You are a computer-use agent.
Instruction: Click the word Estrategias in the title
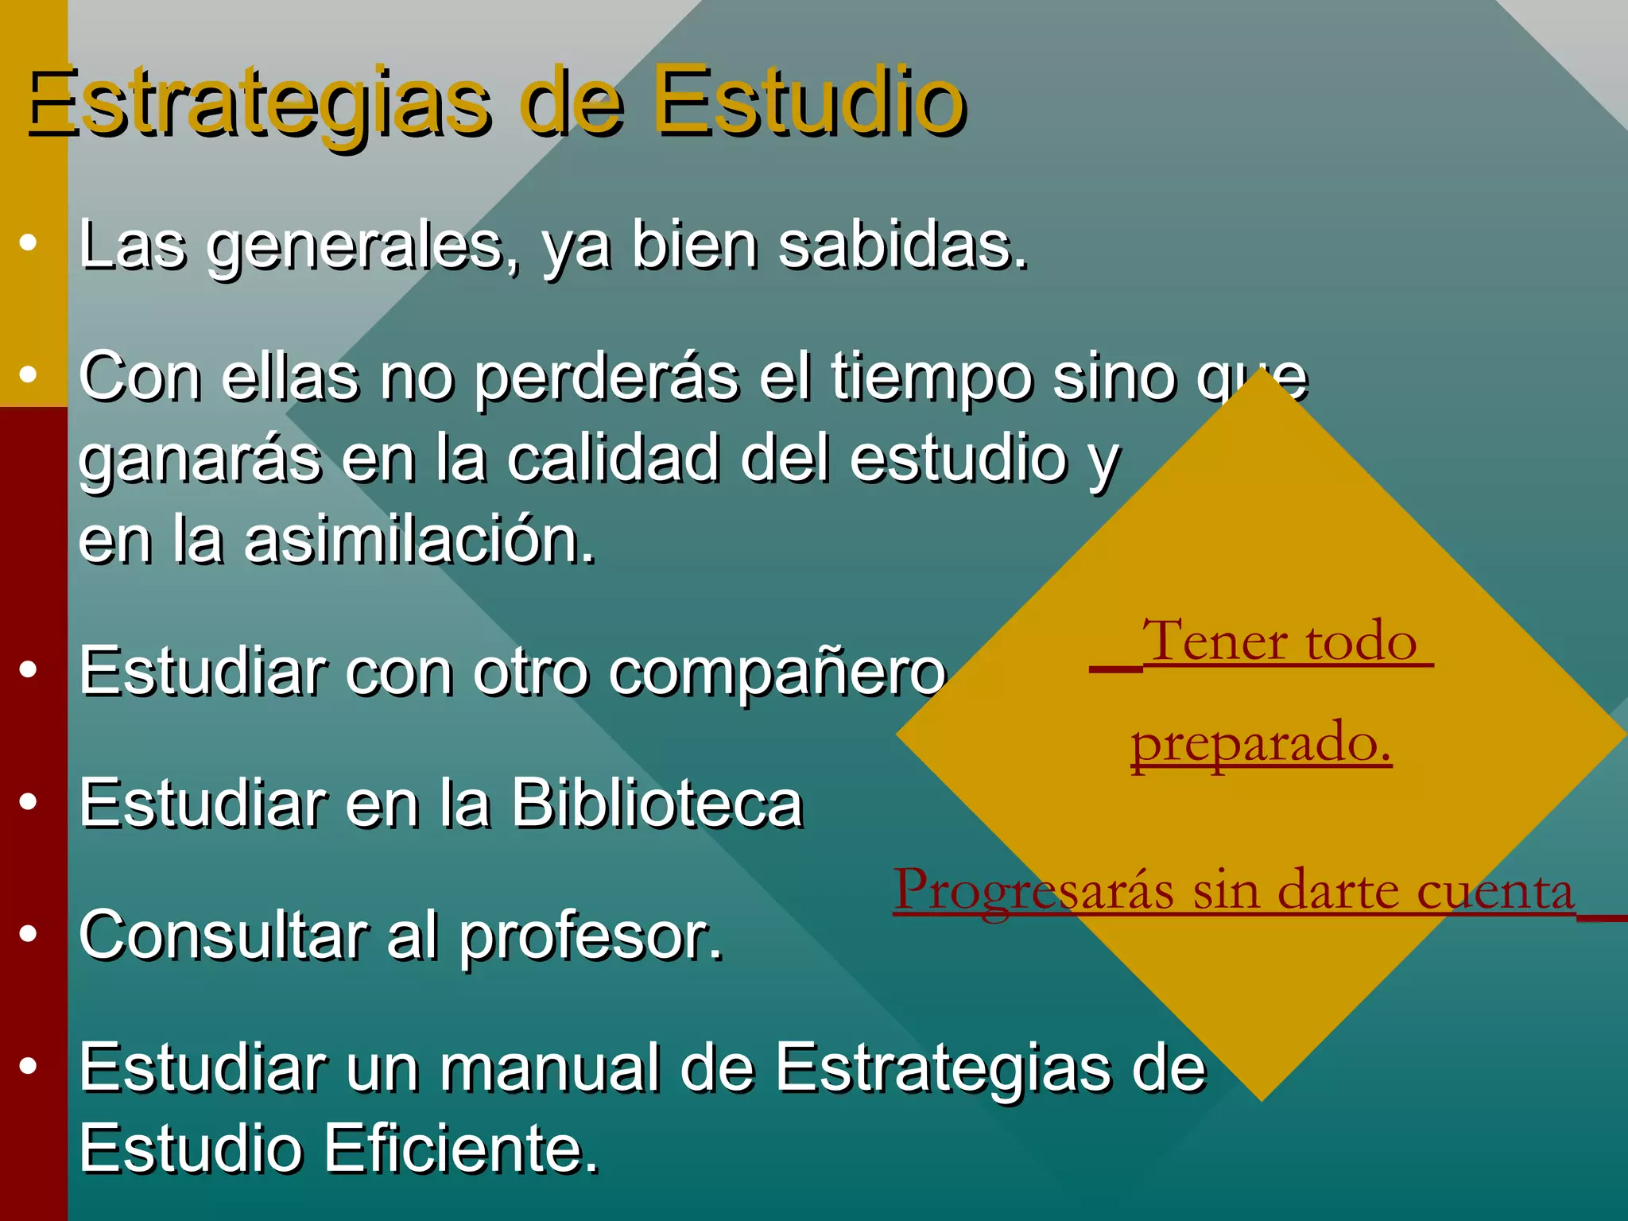click(258, 103)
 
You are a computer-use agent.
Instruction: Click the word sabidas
click(902, 246)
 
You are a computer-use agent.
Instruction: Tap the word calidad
click(613, 459)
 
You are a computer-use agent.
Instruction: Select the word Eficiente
click(461, 1149)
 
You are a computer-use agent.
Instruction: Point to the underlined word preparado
click(1261, 743)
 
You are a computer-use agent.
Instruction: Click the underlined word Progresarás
click(1033, 890)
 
